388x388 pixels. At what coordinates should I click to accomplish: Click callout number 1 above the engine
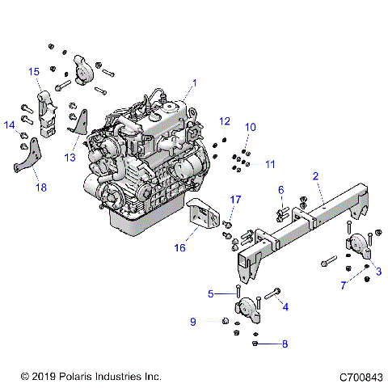[x=194, y=82]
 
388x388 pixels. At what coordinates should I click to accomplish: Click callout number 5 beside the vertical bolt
[x=211, y=293]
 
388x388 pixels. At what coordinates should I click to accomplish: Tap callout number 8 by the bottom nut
[x=285, y=344]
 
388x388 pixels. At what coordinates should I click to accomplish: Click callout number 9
[x=193, y=322]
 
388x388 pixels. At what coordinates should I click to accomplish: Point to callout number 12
[x=225, y=121]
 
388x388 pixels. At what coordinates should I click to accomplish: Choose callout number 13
[x=70, y=157]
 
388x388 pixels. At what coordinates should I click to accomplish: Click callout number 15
[x=35, y=72]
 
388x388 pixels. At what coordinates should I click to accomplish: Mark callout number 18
[x=40, y=188]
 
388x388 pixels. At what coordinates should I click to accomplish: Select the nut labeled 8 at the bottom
[x=255, y=344]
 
